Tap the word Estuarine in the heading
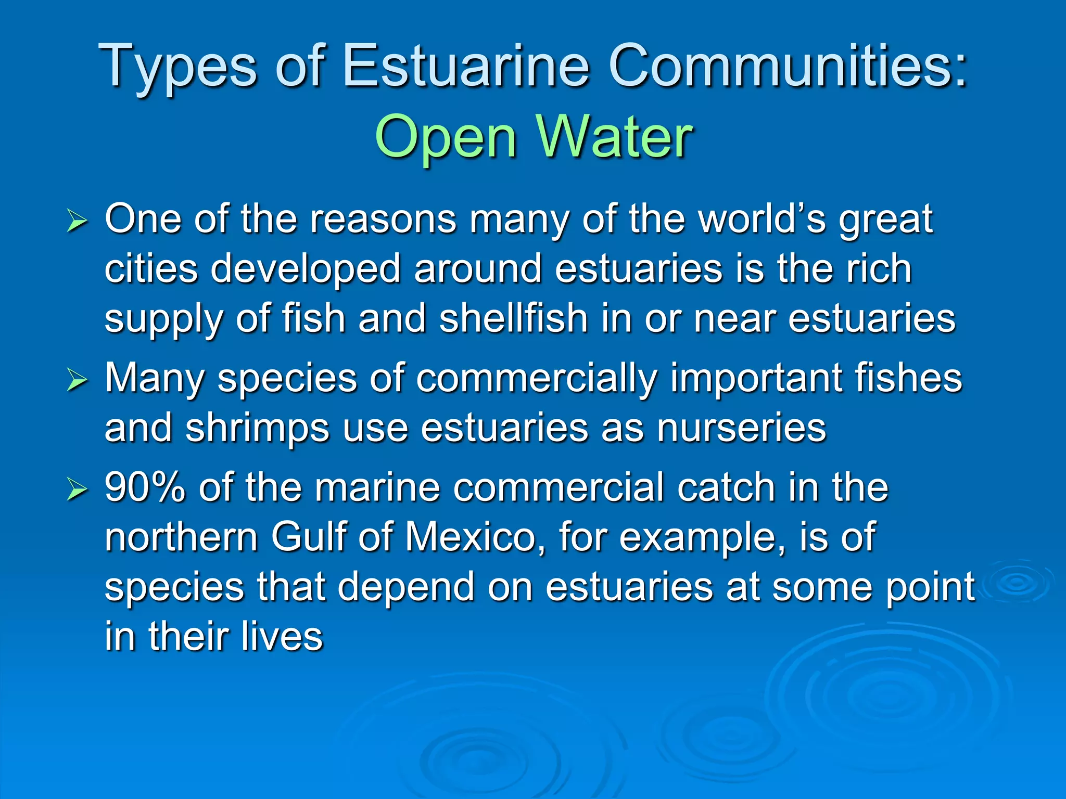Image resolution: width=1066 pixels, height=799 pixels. coord(465,66)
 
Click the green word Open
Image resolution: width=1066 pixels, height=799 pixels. coord(446,137)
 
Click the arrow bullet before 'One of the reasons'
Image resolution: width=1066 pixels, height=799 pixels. coord(77,223)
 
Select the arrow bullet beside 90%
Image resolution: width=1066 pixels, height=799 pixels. coord(77,489)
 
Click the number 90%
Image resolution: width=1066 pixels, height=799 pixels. coord(145,487)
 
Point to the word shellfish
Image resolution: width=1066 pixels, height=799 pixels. coord(513,318)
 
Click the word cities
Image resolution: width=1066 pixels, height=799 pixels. coord(151,269)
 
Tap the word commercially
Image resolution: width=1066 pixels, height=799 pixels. coord(536,378)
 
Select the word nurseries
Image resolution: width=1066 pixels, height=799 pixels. coord(741,428)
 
